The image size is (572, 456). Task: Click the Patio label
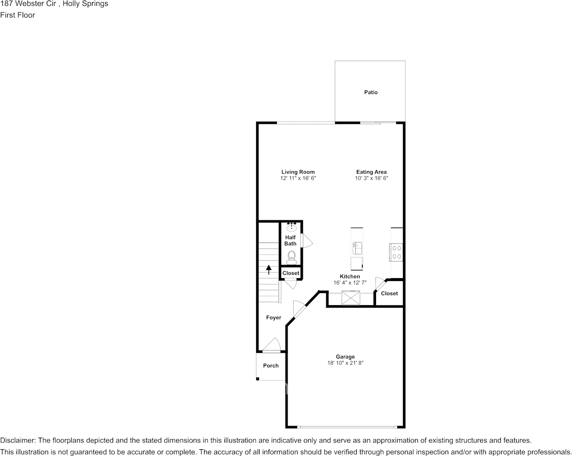tap(371, 92)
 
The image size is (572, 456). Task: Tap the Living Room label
tap(298, 172)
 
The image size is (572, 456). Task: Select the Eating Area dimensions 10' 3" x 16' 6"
tap(371, 178)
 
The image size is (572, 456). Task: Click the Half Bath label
tap(290, 241)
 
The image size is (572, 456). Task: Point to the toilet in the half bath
tap(291, 258)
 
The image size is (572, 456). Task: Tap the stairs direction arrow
tap(269, 269)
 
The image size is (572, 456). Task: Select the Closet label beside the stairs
tap(291, 273)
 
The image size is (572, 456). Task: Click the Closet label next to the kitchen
tap(390, 294)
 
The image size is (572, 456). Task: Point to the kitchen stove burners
tap(397, 252)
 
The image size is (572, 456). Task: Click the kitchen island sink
tap(356, 248)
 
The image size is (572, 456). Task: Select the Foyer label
tap(273, 318)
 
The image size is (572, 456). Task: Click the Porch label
tap(271, 366)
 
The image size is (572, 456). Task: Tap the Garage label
tap(345, 357)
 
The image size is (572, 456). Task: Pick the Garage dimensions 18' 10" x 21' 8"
tap(345, 363)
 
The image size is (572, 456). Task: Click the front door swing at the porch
tap(272, 345)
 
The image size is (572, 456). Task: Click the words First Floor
tap(17, 15)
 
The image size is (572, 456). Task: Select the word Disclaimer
tap(17, 441)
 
